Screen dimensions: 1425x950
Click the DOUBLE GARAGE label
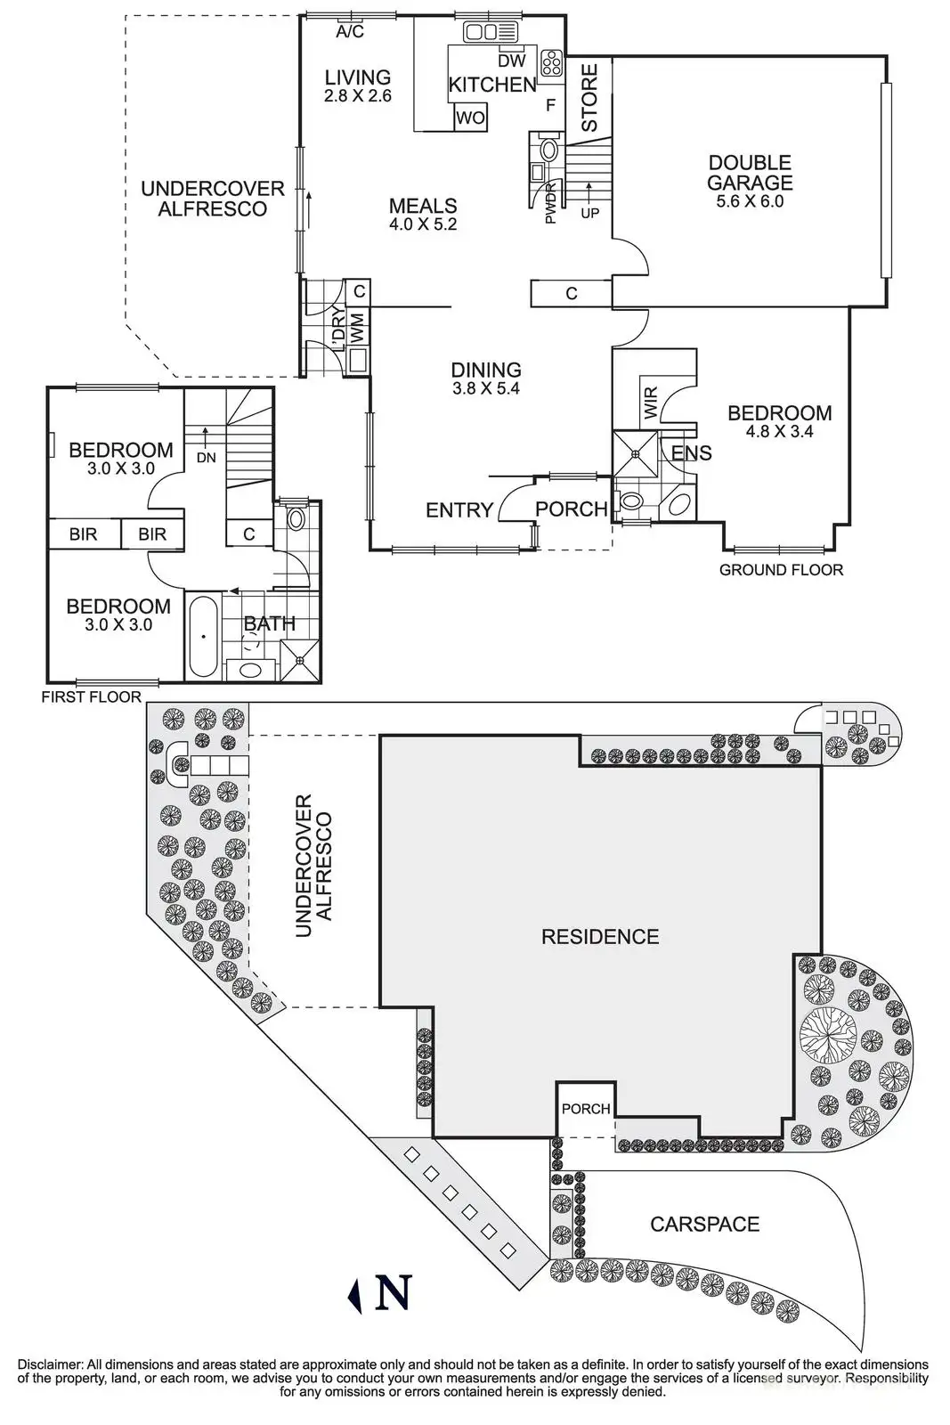(750, 173)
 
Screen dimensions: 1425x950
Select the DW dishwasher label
(511, 61)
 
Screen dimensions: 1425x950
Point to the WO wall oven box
(470, 118)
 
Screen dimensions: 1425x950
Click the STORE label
(589, 97)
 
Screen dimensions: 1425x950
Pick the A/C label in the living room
(350, 33)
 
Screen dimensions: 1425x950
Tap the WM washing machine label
(357, 326)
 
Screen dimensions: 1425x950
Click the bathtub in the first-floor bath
(204, 636)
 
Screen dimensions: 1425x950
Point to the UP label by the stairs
(589, 214)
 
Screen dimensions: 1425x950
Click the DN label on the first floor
(206, 458)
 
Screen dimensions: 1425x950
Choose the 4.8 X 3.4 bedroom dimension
(779, 432)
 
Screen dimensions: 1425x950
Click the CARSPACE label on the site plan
(704, 1224)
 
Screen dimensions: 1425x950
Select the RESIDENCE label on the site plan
(600, 937)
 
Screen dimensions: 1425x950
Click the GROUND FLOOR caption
(781, 570)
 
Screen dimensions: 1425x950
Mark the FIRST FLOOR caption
(91, 696)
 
